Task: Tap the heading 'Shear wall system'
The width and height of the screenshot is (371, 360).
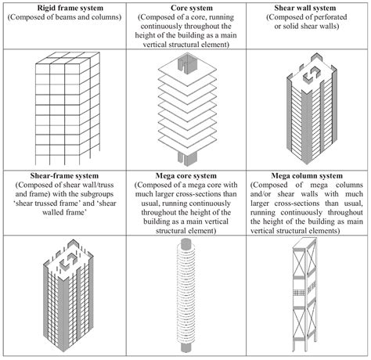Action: (x=308, y=7)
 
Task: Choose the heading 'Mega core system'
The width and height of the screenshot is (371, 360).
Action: (x=186, y=175)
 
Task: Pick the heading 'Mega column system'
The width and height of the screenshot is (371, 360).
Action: (x=308, y=175)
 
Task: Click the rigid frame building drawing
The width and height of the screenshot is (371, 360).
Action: (x=62, y=110)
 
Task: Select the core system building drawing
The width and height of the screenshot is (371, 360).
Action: (x=186, y=109)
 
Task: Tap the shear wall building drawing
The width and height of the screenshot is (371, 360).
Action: (x=308, y=109)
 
